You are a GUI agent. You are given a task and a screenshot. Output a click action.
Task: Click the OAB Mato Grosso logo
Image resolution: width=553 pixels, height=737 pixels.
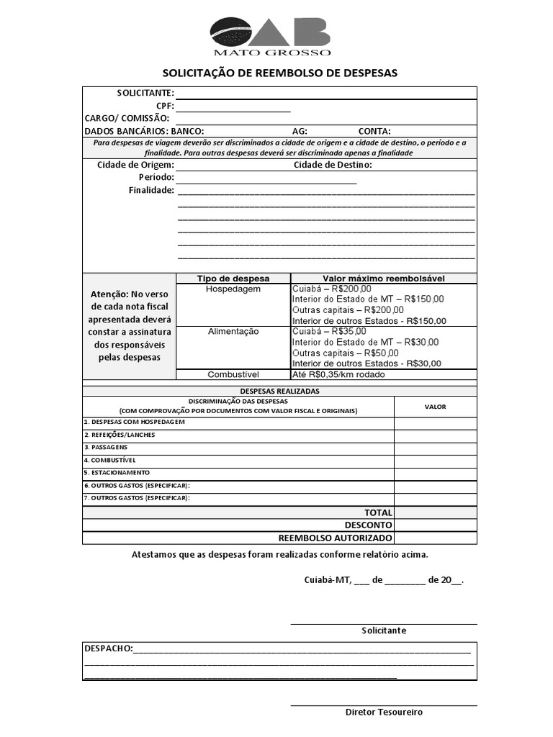point(271,36)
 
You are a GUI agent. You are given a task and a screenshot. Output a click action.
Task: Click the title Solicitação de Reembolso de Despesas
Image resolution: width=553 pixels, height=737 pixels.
point(279,73)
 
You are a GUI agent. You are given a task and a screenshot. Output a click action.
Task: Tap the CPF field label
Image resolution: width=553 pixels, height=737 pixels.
point(165,106)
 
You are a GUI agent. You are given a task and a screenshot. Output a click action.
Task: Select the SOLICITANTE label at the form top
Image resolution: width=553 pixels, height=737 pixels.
point(145,93)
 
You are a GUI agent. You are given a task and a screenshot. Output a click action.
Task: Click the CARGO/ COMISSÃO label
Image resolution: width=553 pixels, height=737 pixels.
point(127,118)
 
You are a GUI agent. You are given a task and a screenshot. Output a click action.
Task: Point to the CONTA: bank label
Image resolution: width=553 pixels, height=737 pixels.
point(374,131)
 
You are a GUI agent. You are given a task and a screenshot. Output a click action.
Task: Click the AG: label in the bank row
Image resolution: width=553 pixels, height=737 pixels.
point(300,131)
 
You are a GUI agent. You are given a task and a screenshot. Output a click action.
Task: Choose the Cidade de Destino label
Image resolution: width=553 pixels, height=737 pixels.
point(332,165)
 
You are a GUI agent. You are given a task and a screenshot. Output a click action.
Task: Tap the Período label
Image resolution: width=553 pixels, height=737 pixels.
point(156,177)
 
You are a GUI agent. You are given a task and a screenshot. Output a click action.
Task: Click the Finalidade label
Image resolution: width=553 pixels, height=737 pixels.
point(151,190)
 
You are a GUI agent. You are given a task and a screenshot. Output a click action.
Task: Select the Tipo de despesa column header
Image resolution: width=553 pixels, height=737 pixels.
point(233,279)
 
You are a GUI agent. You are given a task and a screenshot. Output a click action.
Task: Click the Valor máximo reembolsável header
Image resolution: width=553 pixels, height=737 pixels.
point(383,279)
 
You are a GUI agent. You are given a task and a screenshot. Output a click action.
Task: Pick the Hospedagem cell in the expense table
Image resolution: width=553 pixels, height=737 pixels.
point(233,289)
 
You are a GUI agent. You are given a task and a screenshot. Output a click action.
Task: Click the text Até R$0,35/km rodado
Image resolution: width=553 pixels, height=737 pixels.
point(338,374)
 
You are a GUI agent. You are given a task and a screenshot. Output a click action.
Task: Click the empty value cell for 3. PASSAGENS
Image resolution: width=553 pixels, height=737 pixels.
point(435,448)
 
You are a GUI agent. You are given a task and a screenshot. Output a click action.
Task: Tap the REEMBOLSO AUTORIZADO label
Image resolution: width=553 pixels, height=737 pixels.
point(335,538)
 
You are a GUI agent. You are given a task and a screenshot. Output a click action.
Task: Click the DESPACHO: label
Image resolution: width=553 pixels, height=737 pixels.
point(109,648)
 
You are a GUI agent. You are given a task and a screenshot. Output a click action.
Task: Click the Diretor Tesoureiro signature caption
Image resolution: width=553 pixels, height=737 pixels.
point(384,712)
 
